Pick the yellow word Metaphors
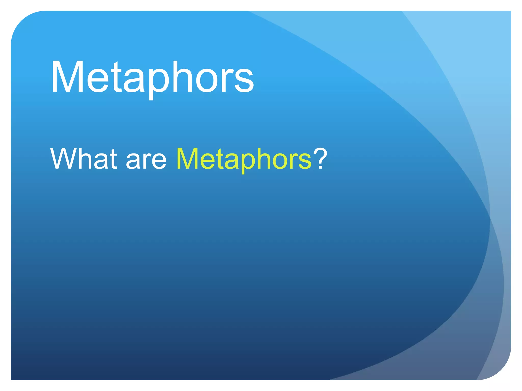(x=244, y=159)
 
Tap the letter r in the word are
(x=147, y=161)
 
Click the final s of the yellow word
(x=305, y=161)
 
